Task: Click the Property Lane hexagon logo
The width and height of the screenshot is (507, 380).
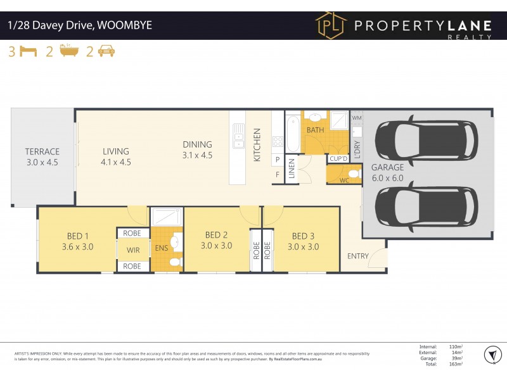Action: coord(331,26)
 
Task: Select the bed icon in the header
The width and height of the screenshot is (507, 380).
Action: coord(29,52)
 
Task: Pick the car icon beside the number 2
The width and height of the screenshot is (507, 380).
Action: coord(106,52)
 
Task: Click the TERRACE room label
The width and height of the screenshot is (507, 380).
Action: coord(42,156)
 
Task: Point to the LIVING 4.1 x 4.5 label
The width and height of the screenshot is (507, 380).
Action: coord(116,156)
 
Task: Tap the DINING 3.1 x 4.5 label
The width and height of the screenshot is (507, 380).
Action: coord(198,149)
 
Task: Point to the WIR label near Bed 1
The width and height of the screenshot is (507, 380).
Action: coord(133,250)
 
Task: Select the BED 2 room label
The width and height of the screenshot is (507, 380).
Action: coord(217,240)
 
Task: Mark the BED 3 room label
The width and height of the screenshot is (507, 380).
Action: coord(304,241)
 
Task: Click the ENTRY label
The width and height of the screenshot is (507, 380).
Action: coord(357,256)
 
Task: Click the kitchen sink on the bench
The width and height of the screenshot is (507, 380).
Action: coord(238,136)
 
